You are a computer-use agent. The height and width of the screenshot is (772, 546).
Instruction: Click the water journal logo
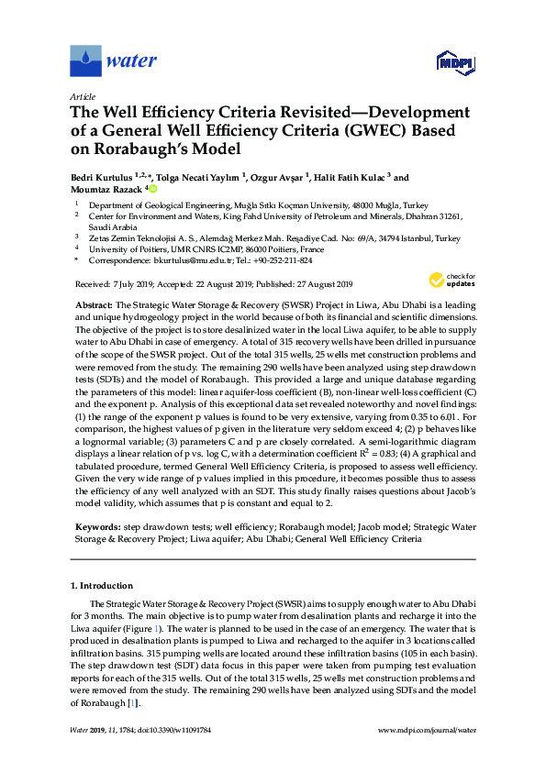pos(114,61)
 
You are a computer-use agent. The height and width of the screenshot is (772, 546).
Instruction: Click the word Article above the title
pos(81,96)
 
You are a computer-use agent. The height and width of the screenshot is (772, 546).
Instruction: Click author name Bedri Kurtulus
pos(102,178)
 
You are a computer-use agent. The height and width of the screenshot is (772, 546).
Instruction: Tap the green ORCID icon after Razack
pos(153,189)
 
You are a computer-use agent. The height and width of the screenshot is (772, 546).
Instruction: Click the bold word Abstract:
pos(92,303)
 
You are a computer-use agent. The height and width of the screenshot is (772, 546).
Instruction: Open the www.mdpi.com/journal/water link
pos(427,730)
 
